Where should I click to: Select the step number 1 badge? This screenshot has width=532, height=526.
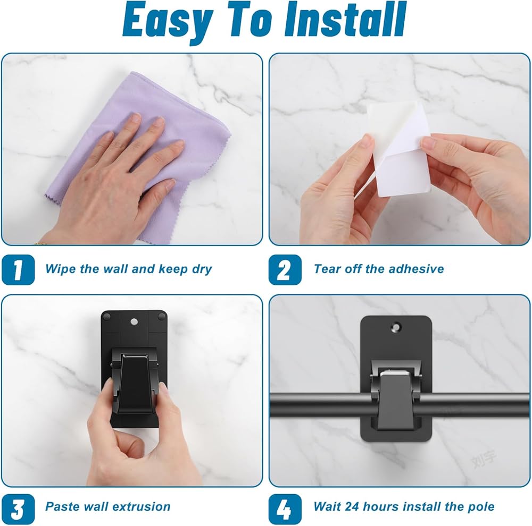(18, 270)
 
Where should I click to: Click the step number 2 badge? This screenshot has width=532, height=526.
(285, 270)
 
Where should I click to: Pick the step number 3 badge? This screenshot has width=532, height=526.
(18, 509)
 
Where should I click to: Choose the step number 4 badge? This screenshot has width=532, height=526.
(285, 509)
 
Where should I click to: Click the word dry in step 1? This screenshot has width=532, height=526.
(202, 269)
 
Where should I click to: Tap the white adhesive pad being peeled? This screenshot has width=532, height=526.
(398, 149)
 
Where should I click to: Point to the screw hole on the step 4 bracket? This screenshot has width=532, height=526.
(396, 327)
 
